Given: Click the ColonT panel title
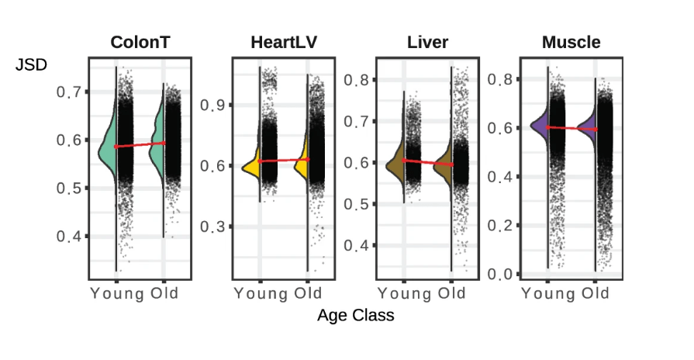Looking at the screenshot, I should pyautogui.click(x=140, y=42).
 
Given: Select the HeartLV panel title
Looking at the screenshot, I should pyautogui.click(x=283, y=42).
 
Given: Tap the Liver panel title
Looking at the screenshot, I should pyautogui.click(x=428, y=42).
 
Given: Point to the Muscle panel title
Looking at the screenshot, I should pyautogui.click(x=571, y=42).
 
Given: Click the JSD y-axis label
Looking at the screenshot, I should pyautogui.click(x=32, y=65).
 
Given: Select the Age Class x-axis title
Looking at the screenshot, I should pyautogui.click(x=355, y=316).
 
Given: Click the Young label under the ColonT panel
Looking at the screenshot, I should pyautogui.click(x=117, y=293).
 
